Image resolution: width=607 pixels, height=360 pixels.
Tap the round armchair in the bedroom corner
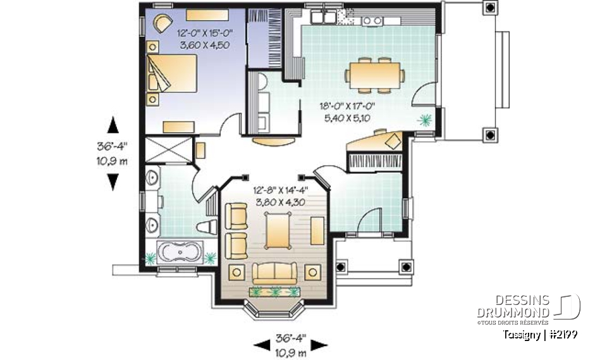pos(162,23)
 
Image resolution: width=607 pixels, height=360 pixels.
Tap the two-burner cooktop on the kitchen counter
pos(372,20)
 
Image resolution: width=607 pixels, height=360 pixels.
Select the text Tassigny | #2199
pos(541,334)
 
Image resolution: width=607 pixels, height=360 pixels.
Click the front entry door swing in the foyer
pos(368,221)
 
